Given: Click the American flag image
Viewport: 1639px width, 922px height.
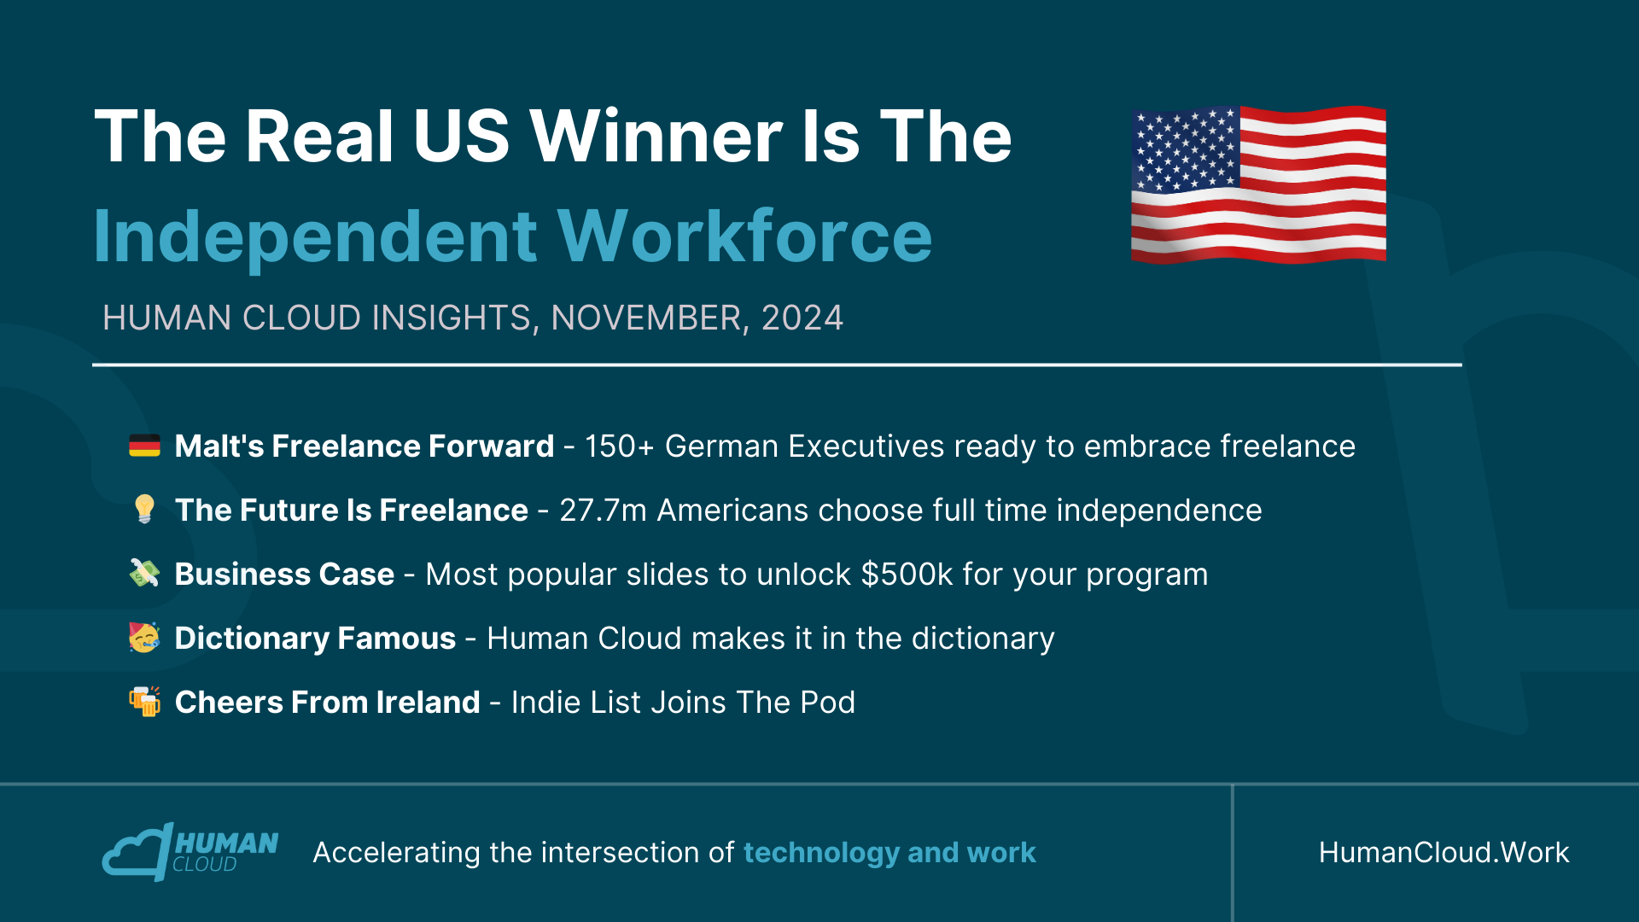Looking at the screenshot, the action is (x=1258, y=184).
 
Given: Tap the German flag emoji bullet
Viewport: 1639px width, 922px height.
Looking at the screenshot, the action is (x=144, y=446).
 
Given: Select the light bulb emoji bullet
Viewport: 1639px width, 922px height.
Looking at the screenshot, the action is (x=144, y=509).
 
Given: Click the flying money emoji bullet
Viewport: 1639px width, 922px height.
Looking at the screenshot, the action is (x=144, y=573).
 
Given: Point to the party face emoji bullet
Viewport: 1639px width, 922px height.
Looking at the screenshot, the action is (x=144, y=637).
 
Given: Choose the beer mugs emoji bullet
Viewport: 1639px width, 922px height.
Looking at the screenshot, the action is (x=144, y=701).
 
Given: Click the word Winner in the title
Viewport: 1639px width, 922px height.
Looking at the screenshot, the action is (x=656, y=137).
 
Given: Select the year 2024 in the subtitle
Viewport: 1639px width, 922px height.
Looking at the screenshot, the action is (x=802, y=318).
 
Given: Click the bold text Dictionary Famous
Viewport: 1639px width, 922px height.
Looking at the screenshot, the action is (x=315, y=639).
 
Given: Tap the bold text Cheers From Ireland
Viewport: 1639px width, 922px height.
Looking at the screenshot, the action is (x=327, y=703).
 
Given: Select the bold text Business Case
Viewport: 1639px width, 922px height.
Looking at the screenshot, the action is (x=284, y=575).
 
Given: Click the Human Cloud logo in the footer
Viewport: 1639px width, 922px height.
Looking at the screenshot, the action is (x=190, y=851).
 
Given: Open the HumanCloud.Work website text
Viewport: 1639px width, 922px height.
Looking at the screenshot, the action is (x=1444, y=852).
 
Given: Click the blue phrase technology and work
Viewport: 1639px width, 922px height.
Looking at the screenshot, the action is (x=889, y=853).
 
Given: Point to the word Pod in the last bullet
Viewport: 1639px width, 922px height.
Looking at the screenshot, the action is (x=827, y=703).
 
